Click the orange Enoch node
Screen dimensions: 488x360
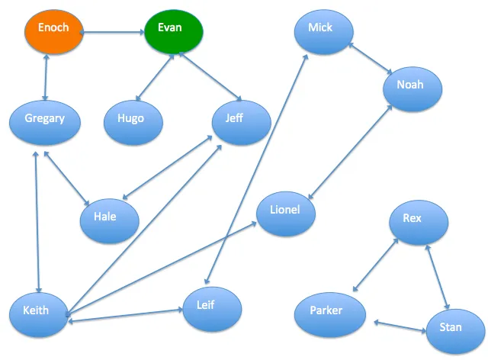click(54, 32)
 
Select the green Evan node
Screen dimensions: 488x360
click(174, 32)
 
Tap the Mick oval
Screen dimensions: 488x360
click(323, 32)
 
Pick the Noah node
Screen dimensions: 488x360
click(413, 89)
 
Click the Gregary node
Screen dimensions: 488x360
click(45, 123)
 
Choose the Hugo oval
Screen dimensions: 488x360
click(133, 123)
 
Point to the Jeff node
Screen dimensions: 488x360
click(242, 123)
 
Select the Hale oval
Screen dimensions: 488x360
click(110, 220)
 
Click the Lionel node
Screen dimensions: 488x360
click(286, 214)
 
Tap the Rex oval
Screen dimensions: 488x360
click(419, 223)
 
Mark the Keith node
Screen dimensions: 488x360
click(39, 315)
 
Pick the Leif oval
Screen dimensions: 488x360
click(212, 309)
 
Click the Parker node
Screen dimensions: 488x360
click(330, 314)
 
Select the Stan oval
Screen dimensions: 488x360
click(456, 331)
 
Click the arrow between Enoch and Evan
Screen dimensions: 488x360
click(112, 32)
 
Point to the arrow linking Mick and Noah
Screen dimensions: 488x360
click(370, 59)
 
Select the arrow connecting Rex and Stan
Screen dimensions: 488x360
click(437, 277)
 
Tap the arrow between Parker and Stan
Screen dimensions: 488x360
click(400, 326)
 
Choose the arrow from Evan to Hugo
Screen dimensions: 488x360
click(155, 78)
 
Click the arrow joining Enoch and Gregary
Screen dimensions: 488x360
click(46, 78)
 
